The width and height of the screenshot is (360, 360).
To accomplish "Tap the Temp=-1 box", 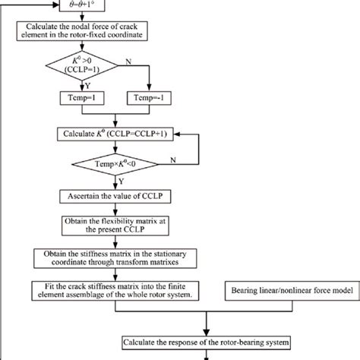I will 155,99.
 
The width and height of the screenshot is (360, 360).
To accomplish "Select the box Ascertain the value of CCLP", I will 115,195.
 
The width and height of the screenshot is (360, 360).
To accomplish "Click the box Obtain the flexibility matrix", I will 115,226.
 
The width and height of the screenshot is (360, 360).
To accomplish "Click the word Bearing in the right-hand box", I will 248,289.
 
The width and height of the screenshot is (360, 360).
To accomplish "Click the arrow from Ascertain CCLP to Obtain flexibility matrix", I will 115,210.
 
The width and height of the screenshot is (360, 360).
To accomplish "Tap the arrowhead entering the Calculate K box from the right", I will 177,134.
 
